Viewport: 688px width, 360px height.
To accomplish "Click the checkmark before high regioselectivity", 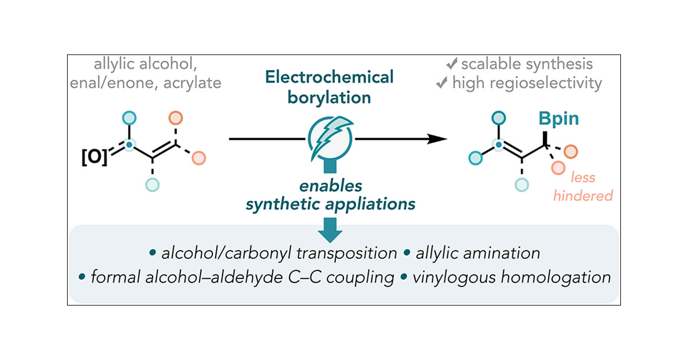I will point(441,84).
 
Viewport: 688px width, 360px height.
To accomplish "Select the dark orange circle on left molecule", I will point(175,119).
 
